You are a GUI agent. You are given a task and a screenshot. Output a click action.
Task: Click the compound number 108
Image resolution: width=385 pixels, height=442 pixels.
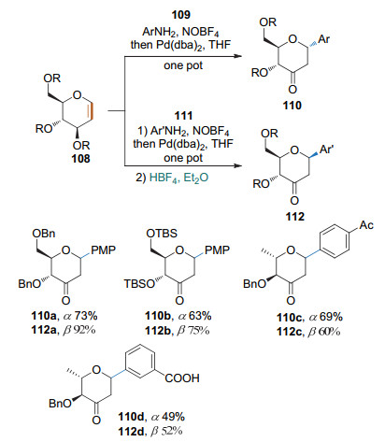point(80,159)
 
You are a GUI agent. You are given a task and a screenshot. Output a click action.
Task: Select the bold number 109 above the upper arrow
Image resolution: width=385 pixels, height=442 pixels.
point(181,15)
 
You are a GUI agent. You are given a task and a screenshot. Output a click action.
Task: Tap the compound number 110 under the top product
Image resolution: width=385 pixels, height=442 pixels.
point(292,106)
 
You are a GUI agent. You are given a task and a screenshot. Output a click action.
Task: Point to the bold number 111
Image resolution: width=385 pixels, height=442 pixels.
point(183,116)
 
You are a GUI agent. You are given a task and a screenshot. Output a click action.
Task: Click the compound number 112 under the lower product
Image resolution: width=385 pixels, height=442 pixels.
point(294,216)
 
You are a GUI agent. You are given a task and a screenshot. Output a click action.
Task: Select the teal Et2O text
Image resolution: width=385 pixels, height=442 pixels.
point(196,178)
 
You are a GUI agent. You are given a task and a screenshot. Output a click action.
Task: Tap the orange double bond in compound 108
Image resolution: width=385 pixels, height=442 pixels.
point(91,111)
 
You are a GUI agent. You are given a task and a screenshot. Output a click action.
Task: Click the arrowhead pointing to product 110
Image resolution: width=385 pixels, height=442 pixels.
point(238,56)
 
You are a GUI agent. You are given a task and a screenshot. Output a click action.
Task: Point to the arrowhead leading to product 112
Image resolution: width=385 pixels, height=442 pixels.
point(238,165)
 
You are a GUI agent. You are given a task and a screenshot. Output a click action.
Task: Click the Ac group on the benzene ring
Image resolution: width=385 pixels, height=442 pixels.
point(366,224)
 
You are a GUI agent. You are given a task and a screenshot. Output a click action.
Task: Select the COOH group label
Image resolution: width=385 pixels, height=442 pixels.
point(182,378)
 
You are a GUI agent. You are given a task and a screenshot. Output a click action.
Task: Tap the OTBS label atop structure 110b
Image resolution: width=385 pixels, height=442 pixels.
point(162,234)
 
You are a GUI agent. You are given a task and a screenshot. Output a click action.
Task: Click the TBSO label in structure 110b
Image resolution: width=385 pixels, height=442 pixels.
point(139,284)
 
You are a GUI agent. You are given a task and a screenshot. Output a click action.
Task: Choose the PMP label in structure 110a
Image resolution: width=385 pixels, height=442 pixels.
point(103,250)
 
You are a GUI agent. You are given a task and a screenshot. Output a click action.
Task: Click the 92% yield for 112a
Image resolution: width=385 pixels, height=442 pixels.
point(84,330)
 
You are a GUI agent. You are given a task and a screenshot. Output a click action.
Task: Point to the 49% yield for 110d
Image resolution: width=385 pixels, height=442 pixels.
point(173,417)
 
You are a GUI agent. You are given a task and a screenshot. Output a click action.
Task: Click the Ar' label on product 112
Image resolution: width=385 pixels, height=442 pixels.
point(326,150)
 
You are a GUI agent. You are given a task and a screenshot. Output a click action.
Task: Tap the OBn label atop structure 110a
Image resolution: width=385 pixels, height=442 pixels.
point(44,234)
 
